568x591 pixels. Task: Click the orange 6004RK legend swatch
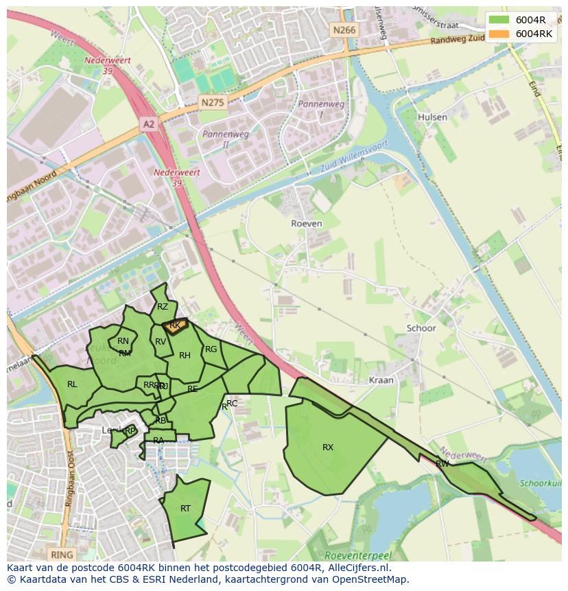point(499,34)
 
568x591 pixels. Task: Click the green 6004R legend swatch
point(499,20)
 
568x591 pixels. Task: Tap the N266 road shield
point(344,30)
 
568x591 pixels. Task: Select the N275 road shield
point(212,102)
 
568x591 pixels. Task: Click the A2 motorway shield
point(149,124)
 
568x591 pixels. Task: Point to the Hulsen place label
point(432,117)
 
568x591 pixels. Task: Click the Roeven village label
point(306,224)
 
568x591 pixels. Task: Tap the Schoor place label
point(421,328)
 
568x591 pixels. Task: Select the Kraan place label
point(381,380)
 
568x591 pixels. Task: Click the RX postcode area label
point(328,448)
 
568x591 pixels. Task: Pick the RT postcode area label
point(185,509)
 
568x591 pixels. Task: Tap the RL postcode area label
point(72,384)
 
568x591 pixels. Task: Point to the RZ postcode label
point(163,307)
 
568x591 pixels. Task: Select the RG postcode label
point(211,349)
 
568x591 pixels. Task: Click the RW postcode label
point(442,464)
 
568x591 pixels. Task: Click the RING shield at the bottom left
point(61,554)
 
